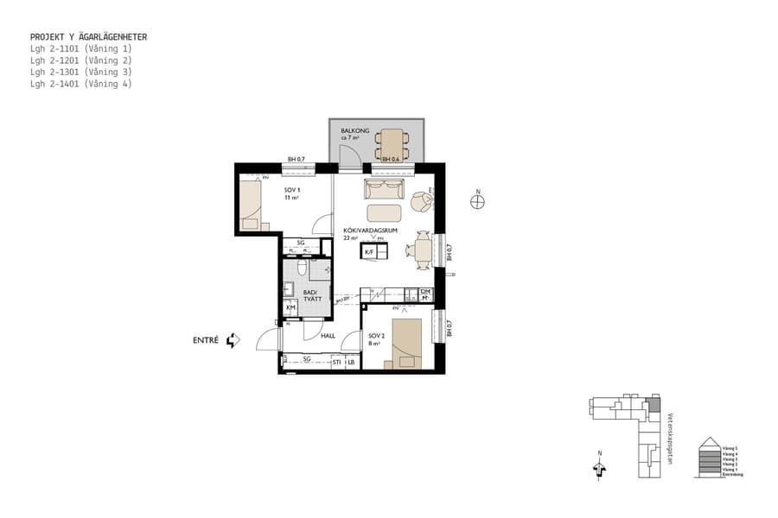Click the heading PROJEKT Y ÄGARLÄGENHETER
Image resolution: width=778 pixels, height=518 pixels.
[88, 37]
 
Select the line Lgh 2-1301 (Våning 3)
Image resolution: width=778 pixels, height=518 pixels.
[80, 72]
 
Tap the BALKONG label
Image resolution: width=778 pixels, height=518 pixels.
[354, 131]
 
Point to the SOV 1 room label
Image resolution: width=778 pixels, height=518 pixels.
[292, 190]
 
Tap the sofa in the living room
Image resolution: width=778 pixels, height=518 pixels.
[384, 189]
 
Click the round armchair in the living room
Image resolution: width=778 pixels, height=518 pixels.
[420, 200]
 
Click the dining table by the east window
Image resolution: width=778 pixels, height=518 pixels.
[423, 250]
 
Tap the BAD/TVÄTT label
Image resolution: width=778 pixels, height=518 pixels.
[310, 296]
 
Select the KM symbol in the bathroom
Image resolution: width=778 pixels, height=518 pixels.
[290, 307]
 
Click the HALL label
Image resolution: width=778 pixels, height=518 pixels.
[328, 336]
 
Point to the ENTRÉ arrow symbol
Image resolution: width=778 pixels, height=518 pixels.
[232, 340]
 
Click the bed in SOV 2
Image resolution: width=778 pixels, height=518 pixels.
[406, 344]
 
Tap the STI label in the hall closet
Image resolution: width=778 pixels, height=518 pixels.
[337, 363]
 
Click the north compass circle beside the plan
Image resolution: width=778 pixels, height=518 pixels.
[477, 202]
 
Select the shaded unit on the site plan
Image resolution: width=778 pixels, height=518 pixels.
[654, 404]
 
